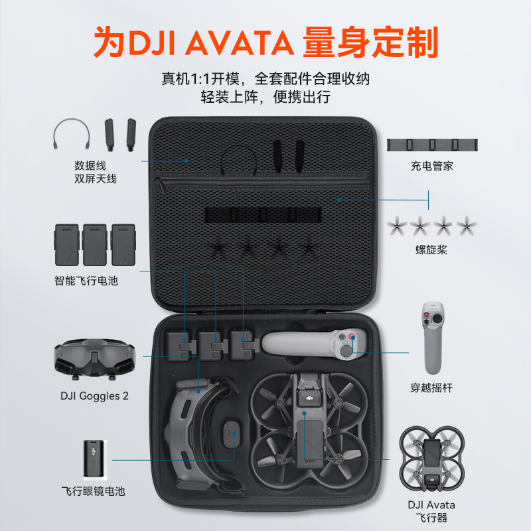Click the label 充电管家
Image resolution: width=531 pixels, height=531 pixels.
click(x=432, y=166)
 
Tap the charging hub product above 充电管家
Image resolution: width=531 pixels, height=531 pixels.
click(x=432, y=145)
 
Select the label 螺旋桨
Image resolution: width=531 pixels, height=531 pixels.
click(x=431, y=250)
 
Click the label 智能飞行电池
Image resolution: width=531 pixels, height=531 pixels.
click(x=86, y=281)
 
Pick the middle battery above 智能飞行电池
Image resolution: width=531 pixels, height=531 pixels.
click(x=95, y=244)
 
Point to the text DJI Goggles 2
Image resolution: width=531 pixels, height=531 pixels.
click(x=94, y=396)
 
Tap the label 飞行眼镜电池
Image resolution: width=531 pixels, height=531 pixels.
click(x=93, y=491)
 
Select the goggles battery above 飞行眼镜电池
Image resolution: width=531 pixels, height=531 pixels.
click(x=95, y=459)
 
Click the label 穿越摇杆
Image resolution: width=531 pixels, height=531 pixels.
click(x=431, y=388)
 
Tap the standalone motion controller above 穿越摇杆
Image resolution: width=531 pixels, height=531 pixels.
click(x=433, y=338)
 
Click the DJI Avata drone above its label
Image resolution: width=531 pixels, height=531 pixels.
click(x=432, y=459)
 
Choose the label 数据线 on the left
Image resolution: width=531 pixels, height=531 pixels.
click(x=90, y=165)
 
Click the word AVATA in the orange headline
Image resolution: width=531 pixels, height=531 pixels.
click(x=240, y=43)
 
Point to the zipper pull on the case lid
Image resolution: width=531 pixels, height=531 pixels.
click(x=160, y=185)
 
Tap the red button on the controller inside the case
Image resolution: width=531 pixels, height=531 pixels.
click(x=352, y=337)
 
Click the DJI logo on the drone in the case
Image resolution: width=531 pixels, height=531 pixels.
click(x=310, y=398)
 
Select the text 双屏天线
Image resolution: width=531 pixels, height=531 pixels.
click(x=96, y=179)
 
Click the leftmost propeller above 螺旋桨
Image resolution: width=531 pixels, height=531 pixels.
click(x=397, y=226)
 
